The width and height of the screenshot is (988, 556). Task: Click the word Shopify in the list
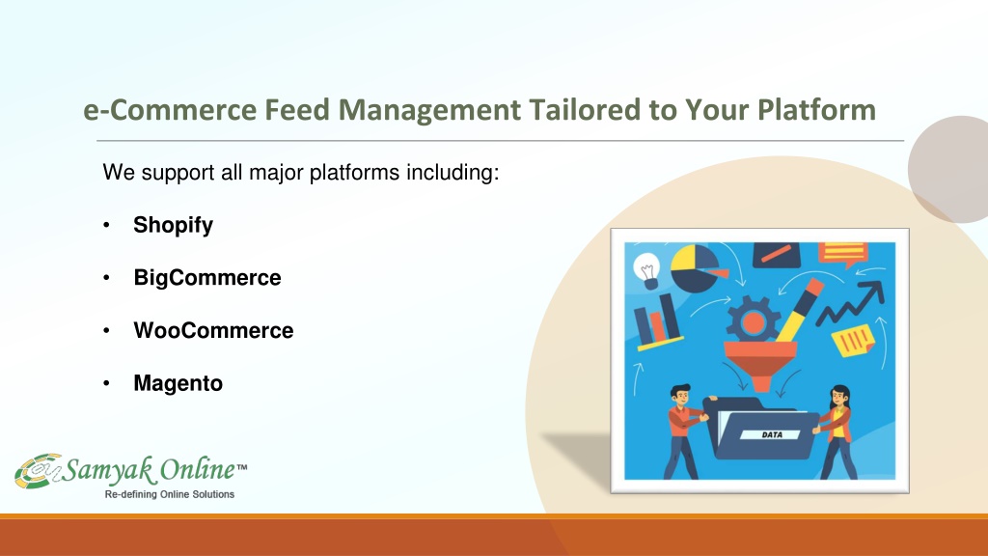coord(174,226)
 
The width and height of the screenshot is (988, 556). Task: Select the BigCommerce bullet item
coord(207,278)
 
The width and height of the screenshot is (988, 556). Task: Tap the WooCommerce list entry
coord(213,330)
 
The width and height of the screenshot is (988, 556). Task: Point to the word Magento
coord(178,384)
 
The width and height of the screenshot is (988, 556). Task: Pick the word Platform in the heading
coord(816,110)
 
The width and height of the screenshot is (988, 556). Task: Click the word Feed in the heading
coord(297,110)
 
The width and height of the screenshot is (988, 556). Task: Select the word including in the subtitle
coord(453,173)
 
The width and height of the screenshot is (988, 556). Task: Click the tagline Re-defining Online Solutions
coord(170,494)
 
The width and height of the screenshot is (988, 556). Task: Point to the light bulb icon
coord(646,270)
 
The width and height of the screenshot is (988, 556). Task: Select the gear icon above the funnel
coord(753,320)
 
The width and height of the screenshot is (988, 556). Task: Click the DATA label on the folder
coord(771,435)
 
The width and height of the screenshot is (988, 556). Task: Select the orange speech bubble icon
coord(843,255)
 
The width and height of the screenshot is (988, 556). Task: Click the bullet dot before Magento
coord(106,383)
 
